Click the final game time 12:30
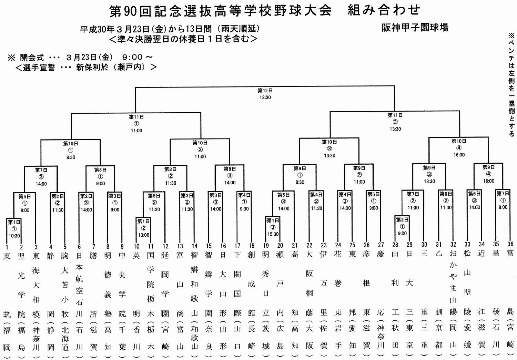coord(265,97)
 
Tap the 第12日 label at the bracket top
coord(265,90)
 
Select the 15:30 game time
coord(273,234)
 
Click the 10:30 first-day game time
coord(14,236)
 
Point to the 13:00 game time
coord(144,235)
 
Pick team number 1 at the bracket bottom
coord(7,247)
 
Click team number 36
coord(510,244)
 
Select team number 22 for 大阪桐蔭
coord(309,245)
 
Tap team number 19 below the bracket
coord(266,246)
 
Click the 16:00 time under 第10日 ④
coord(459,155)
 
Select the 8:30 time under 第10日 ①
coord(71,157)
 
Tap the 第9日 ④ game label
coord(488,171)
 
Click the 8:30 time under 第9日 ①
coord(300,182)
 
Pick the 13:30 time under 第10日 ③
coord(330,156)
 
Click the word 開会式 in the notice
coord(32,57)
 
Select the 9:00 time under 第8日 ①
coord(100,184)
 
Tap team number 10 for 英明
coord(136,247)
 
